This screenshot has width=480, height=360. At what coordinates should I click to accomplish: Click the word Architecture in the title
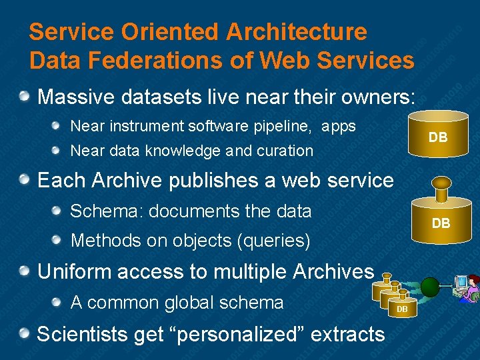click(297, 31)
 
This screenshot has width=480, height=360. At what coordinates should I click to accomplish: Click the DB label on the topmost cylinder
click(438, 138)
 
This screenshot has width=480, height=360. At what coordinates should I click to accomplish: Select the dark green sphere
click(431, 287)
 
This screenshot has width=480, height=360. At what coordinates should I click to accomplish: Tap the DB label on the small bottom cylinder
click(402, 309)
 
